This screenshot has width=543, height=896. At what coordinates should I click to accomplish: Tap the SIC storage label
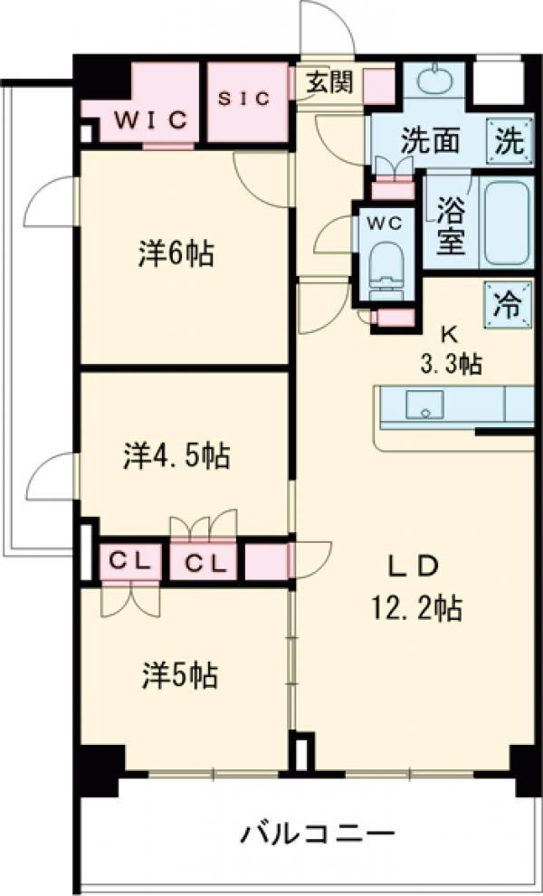(244, 99)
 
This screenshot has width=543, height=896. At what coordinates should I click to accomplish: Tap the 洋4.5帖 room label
(176, 455)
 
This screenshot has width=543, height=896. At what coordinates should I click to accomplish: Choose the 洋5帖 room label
(177, 674)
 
